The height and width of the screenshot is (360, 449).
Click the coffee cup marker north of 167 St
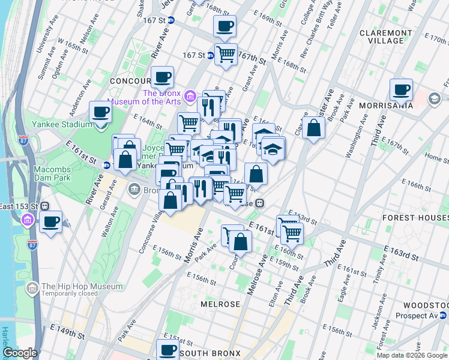[224, 26]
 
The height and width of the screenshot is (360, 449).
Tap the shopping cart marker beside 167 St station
[226, 54]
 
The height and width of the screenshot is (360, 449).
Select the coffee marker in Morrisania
[401, 90]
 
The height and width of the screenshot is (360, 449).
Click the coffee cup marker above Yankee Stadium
[101, 112]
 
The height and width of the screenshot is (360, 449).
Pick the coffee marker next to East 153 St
[50, 223]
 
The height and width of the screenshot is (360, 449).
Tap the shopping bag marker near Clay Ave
[313, 128]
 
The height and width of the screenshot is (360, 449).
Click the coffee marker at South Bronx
[168, 350]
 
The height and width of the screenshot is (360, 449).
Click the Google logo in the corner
[20, 353]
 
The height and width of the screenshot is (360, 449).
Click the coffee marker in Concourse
[162, 77]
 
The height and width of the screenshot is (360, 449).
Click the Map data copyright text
[412, 355]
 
